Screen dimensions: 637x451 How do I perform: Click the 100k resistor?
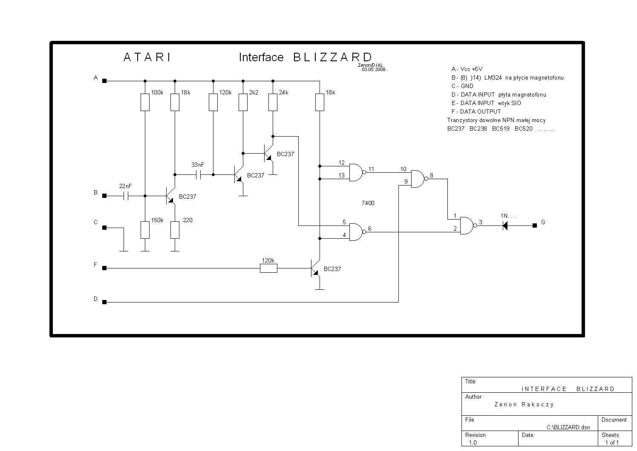pos(145,102)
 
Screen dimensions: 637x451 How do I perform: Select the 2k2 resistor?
pos(243,102)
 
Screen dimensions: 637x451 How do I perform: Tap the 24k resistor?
pos(273,102)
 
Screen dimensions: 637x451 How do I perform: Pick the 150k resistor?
pos(145,230)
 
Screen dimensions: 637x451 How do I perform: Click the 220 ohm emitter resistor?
pos(175,230)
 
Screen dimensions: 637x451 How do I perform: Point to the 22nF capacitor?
pos(126,196)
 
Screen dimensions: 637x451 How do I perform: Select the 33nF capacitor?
pos(199,175)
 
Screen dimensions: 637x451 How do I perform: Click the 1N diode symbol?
pos(505,226)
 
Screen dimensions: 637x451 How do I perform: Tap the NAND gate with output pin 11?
pos(357,172)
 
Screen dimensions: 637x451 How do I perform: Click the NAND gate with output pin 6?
pos(357,232)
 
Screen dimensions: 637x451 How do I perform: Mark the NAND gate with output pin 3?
pos(468,226)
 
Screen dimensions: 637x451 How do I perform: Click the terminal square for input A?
pos(104,81)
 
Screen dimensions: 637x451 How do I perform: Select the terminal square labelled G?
pos(535,225)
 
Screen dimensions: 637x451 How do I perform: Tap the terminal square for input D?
pos(104,302)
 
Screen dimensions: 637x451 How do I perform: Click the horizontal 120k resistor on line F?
pos(268,268)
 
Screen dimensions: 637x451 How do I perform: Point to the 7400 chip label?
pos(368,203)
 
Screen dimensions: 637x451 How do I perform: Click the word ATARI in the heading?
pos(147,57)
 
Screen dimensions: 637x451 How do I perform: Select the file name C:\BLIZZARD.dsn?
pos(568,428)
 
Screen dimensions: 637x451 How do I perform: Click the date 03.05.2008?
pos(374,70)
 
